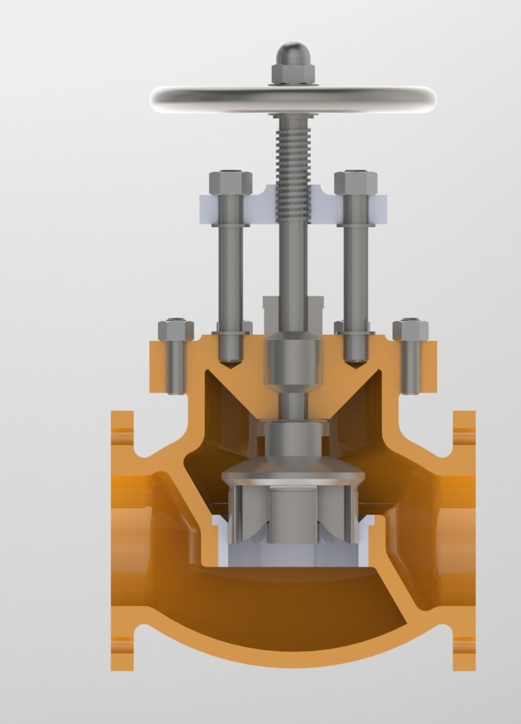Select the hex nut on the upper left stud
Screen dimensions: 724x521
[230, 182]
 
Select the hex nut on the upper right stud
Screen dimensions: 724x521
[355, 182]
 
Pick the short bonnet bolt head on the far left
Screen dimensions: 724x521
[176, 330]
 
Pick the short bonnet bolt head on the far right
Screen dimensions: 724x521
[410, 330]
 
